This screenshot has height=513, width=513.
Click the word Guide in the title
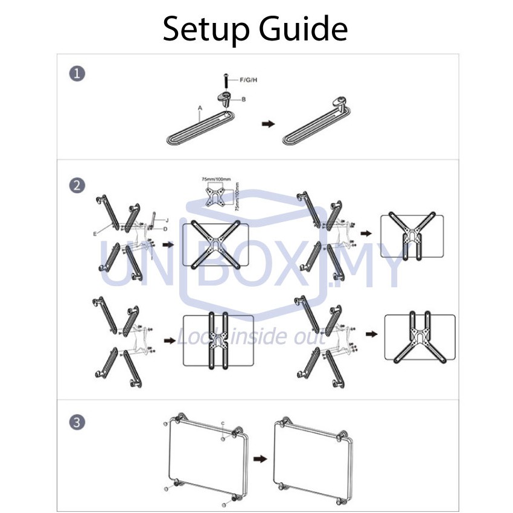pos(307,28)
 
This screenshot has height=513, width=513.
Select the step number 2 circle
pos(76,186)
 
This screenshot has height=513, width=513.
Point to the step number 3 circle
pos(76,422)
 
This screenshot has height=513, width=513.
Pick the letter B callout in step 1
pos(244,99)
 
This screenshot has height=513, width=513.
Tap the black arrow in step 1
pos(266,123)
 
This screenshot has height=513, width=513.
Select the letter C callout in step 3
pos(223,423)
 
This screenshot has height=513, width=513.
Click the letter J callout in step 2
pos(167,219)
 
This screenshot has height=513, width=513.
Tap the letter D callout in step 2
pos(165,229)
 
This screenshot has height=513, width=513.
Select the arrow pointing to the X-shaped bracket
pos(168,246)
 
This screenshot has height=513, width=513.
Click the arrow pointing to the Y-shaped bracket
pos(366,232)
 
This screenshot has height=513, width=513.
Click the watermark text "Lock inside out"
pos(250,337)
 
